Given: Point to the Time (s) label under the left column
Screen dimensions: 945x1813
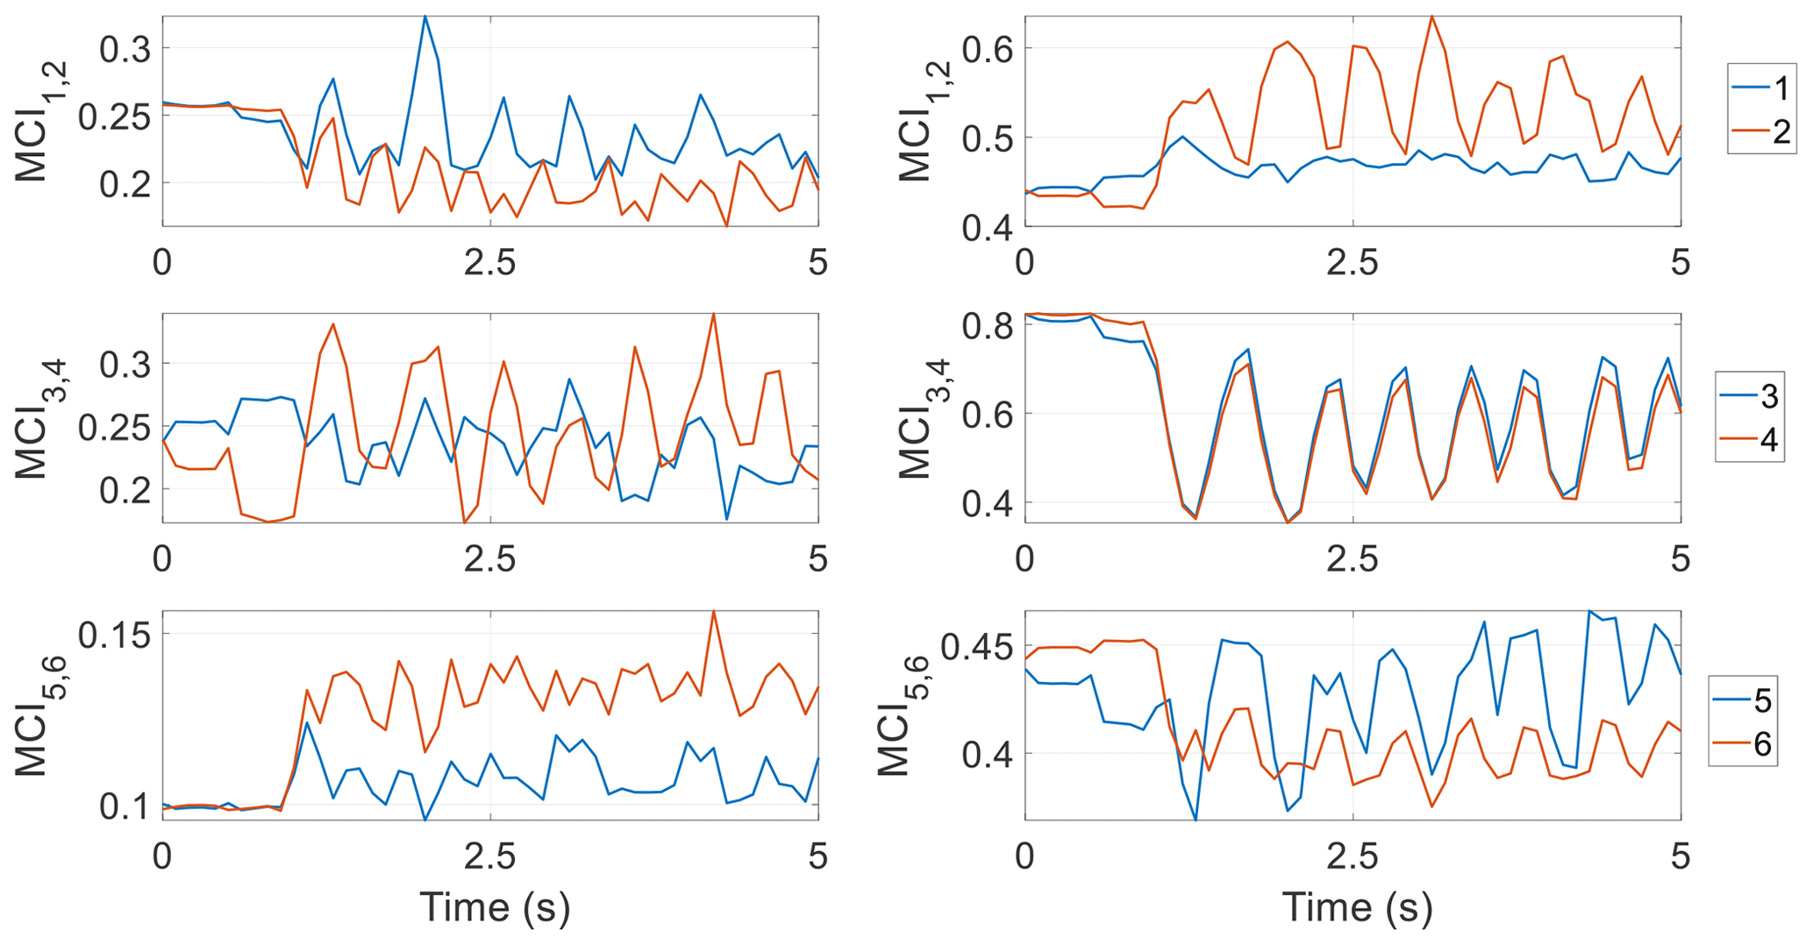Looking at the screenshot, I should click(x=495, y=906).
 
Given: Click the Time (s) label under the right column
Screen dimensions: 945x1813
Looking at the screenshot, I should click(x=1357, y=906).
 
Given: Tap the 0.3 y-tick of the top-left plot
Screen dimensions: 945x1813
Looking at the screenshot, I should click(x=125, y=49).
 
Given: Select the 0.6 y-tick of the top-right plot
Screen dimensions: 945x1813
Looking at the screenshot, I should click(x=988, y=49).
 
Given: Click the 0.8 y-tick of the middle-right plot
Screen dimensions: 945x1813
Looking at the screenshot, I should click(x=988, y=326).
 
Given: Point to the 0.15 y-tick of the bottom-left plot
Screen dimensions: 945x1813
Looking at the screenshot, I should click(x=114, y=634).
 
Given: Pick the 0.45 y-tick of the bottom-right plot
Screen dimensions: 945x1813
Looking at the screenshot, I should click(x=976, y=649).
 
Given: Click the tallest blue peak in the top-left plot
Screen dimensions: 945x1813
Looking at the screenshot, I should click(x=425, y=17).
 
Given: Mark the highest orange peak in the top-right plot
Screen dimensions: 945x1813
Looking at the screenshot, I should click(x=1431, y=17).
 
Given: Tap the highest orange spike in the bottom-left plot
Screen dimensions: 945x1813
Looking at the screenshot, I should click(x=714, y=611).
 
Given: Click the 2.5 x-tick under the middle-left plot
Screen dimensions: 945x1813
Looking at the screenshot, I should click(x=489, y=558).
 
